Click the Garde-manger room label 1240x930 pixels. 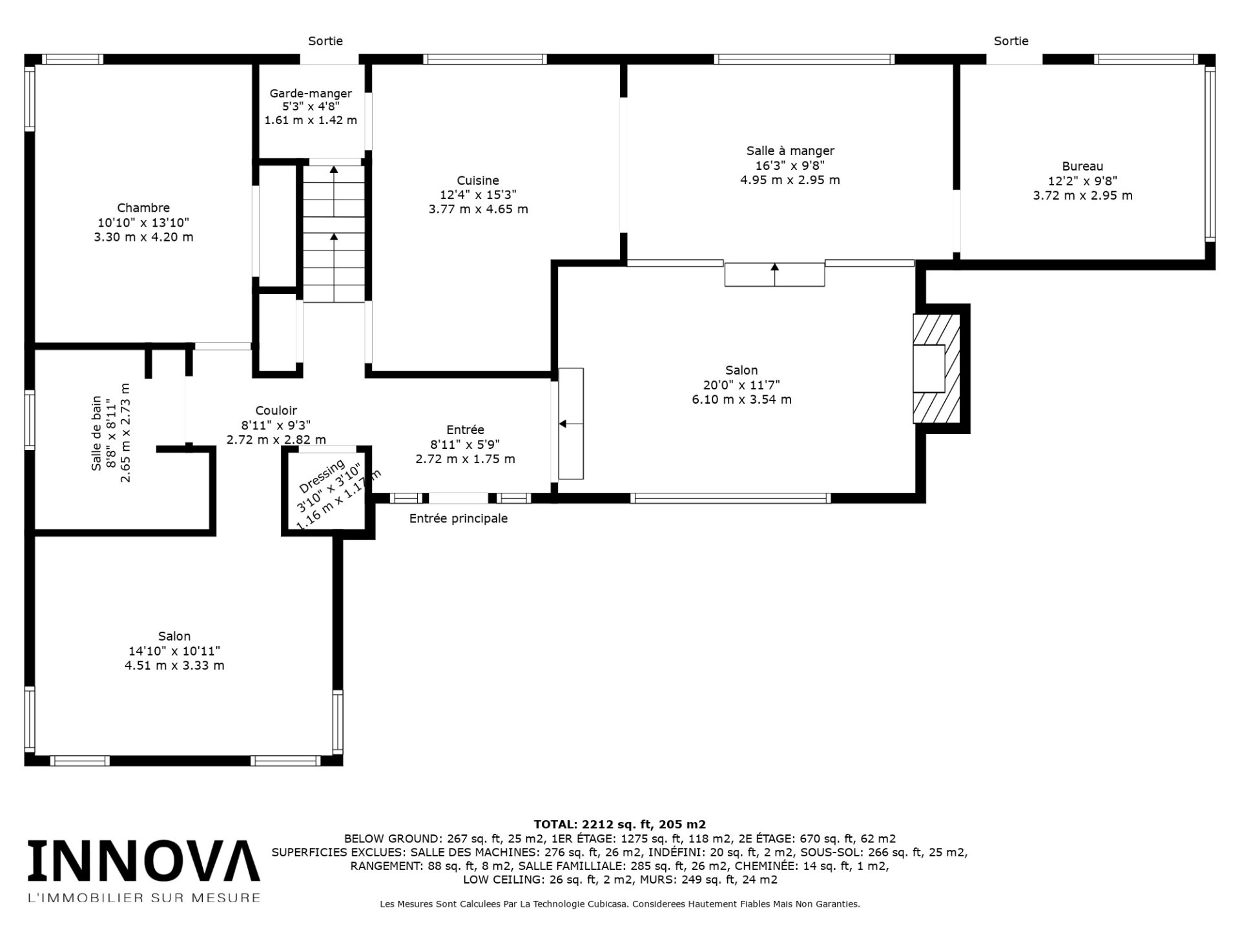311,94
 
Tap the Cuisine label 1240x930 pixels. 478,180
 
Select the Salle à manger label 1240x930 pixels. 790,150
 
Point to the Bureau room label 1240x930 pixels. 1082,166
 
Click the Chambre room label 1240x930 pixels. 143,207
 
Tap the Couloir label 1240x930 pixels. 276,410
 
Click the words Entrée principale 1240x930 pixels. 459,519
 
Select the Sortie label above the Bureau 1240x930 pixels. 1011,41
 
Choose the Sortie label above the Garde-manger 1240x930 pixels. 325,41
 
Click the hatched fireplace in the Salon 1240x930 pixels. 936,369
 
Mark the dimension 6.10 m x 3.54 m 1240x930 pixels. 741,399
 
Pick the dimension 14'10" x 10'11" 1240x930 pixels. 174,650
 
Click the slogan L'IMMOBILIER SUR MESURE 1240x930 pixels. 143,897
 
